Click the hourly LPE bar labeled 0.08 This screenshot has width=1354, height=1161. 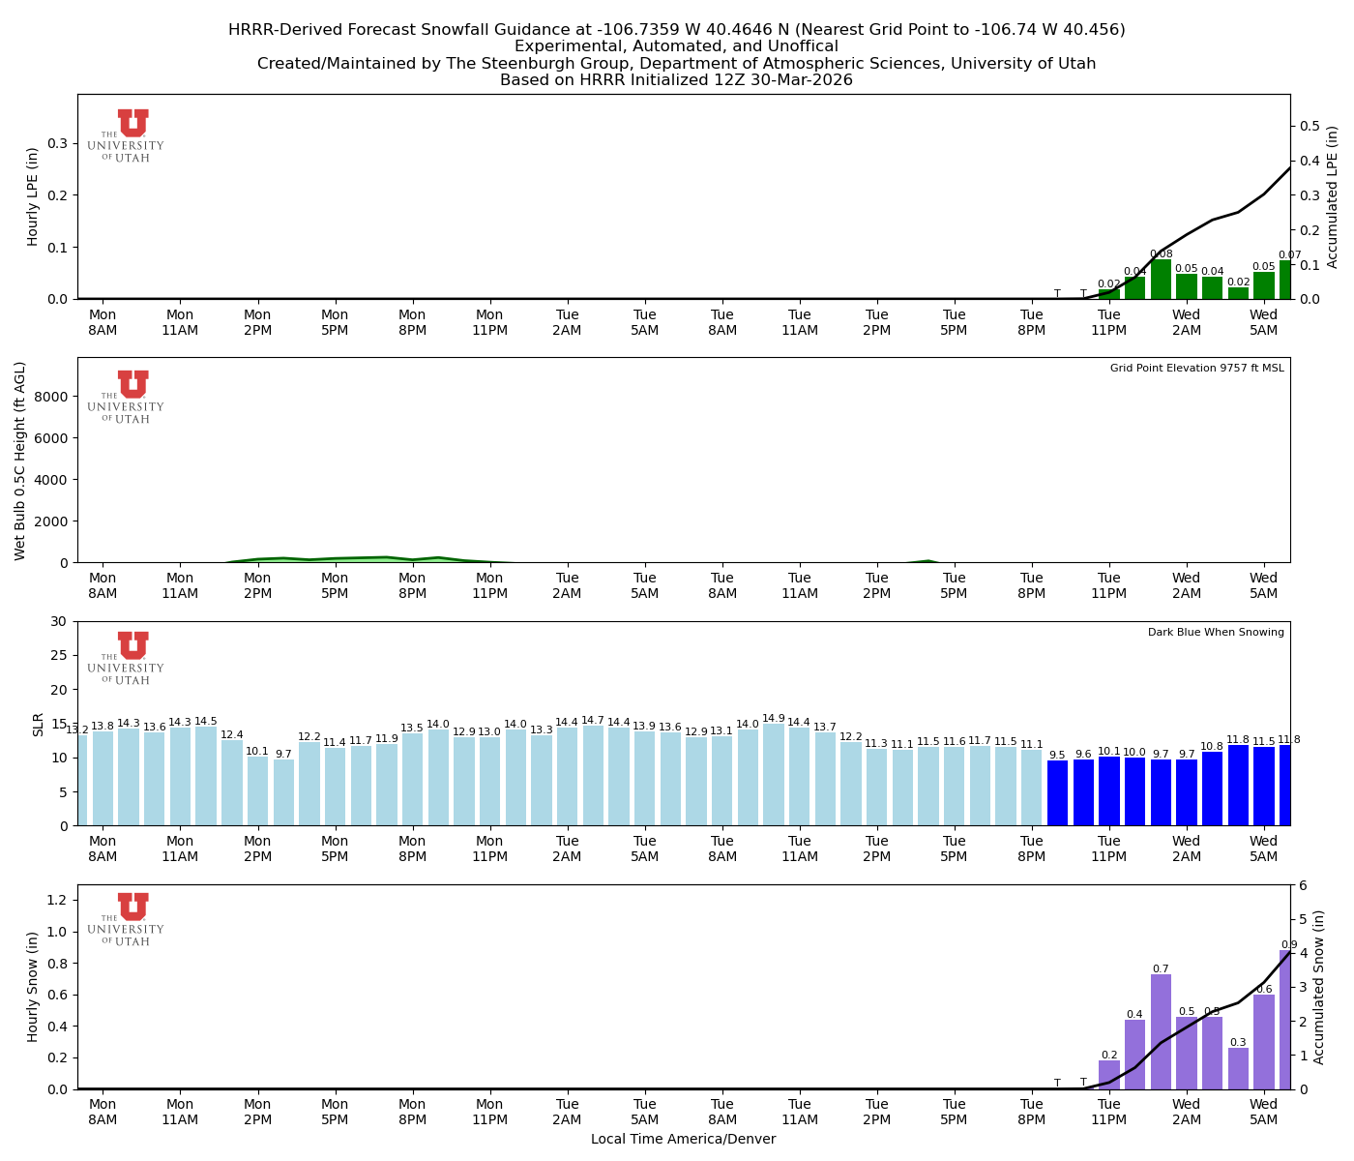tap(1161, 280)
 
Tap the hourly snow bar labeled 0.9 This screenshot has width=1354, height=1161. tap(1285, 1020)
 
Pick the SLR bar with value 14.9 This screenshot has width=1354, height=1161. tap(774, 775)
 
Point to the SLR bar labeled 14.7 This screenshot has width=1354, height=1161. tap(593, 776)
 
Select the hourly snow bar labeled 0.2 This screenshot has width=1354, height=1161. tap(1109, 1075)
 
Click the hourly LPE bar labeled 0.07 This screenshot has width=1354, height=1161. tap(1285, 281)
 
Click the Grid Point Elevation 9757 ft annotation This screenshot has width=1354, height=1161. tap(1196, 369)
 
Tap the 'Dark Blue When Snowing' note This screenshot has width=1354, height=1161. tap(1216, 633)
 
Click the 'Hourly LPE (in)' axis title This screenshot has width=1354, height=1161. tap(33, 196)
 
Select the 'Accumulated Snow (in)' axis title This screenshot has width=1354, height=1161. tap(1318, 987)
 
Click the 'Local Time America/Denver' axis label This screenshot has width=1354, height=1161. tap(683, 1140)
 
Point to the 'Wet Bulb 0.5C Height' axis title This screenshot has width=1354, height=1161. tap(20, 461)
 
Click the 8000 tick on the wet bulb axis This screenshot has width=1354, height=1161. tap(55, 397)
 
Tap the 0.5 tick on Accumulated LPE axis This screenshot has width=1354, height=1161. tap(1310, 127)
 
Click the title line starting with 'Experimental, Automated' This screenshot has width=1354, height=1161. tap(676, 46)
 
